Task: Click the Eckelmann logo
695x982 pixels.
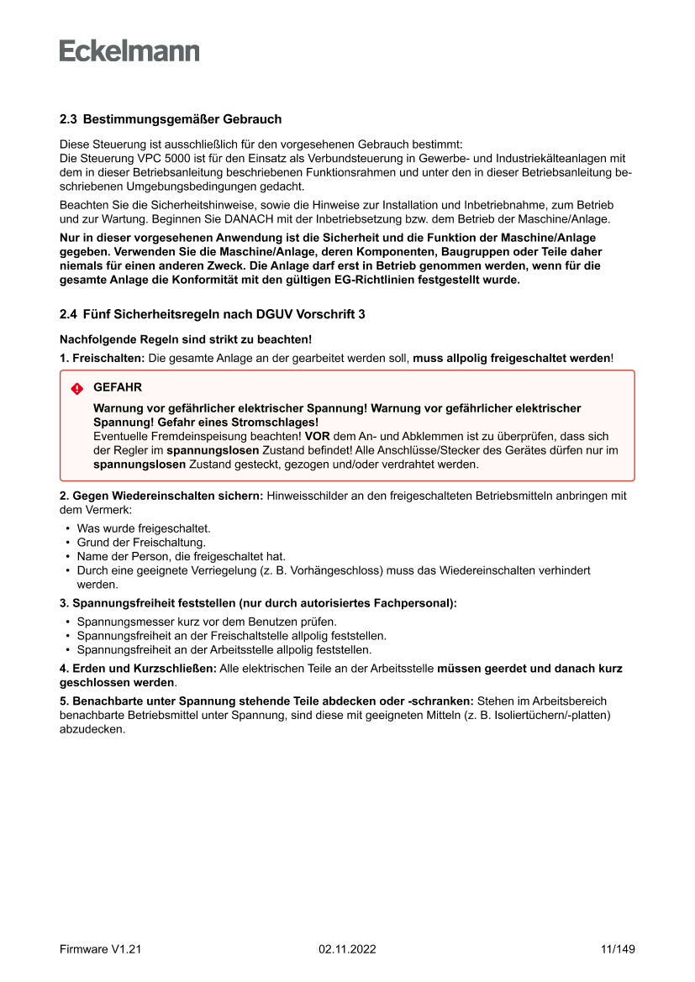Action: click(129, 51)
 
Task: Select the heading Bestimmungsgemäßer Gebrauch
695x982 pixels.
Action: click(182, 120)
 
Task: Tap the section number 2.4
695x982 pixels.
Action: click(68, 315)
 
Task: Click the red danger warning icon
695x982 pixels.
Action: click(77, 388)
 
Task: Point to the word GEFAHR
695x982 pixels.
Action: click(118, 388)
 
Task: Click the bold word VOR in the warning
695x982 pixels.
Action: click(317, 437)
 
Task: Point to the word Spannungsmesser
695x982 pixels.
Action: click(118, 622)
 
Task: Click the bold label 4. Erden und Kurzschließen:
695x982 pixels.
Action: click(138, 669)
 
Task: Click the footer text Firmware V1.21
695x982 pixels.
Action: click(100, 949)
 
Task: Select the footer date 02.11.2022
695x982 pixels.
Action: click(347, 949)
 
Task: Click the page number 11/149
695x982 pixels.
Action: click(618, 949)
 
